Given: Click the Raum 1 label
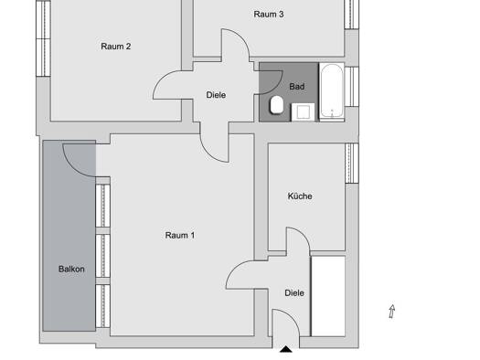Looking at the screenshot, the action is [180, 235].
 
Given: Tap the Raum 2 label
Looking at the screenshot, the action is [116, 47].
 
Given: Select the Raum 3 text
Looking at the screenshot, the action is [269, 14].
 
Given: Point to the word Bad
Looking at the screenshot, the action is [296, 87].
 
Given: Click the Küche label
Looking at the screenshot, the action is [300, 196].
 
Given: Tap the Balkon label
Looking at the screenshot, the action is [71, 270].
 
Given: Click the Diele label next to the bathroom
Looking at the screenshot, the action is [216, 95].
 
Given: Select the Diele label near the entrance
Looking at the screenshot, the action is [294, 293].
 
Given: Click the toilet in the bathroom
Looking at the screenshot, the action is [277, 105].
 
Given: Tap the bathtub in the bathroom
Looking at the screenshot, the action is [332, 91].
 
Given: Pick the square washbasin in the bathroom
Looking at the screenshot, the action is [303, 112].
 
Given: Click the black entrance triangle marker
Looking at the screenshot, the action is [286, 349].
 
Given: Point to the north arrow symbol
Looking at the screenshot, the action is [392, 312].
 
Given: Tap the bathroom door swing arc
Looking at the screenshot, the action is [275, 88].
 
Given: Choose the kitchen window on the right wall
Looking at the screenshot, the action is [352, 163].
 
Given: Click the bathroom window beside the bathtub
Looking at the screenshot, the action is [352, 87].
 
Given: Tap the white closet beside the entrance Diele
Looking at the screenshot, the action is [328, 296].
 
